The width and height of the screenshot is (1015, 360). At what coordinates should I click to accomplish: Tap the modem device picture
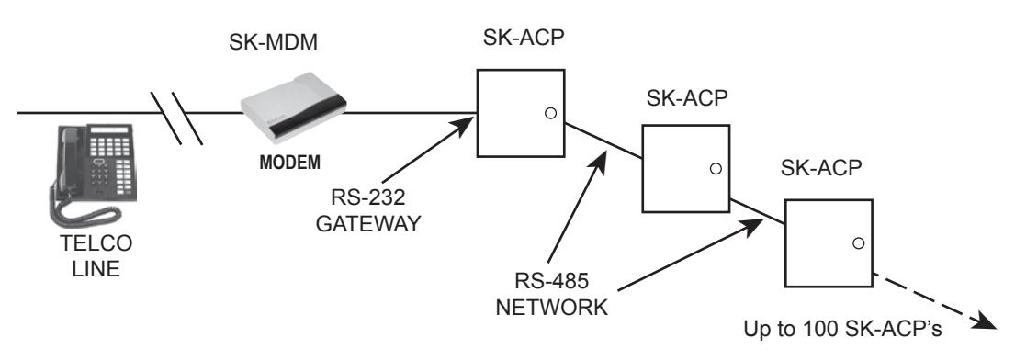pos(293,107)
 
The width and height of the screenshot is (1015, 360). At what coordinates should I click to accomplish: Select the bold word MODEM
pos(289,163)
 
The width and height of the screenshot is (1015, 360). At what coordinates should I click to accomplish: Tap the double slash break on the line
pos(176,118)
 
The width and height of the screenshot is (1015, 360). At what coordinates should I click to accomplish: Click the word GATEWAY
pos(367,223)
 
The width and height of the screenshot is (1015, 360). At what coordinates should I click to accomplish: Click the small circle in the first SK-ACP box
pos(550,113)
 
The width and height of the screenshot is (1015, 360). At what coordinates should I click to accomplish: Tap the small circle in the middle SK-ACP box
pos(716,168)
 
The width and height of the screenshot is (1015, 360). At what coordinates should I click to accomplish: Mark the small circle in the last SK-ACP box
pos(858,243)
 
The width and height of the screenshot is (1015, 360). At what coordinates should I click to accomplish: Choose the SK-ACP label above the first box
pos(524,39)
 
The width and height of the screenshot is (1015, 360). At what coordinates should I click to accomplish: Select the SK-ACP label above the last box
pos(821,168)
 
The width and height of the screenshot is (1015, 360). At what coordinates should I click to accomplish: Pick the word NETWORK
pos(552,307)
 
